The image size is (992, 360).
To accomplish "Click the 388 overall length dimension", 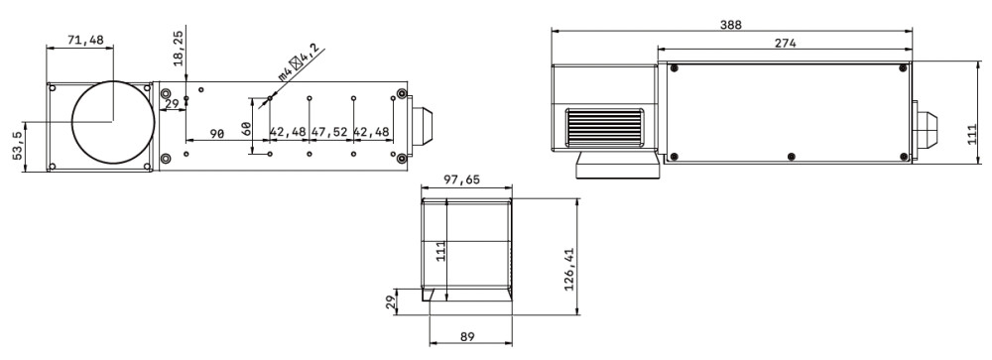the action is [x=731, y=25].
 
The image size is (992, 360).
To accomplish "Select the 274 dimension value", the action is [x=785, y=43].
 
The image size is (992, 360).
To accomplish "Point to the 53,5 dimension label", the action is [x=17, y=146].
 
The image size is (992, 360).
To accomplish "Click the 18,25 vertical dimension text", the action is [x=179, y=48].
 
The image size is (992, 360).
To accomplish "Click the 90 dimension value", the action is [x=217, y=134].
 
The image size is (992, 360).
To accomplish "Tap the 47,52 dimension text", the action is [x=329, y=132].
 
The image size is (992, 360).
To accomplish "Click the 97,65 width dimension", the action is [x=461, y=180].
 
